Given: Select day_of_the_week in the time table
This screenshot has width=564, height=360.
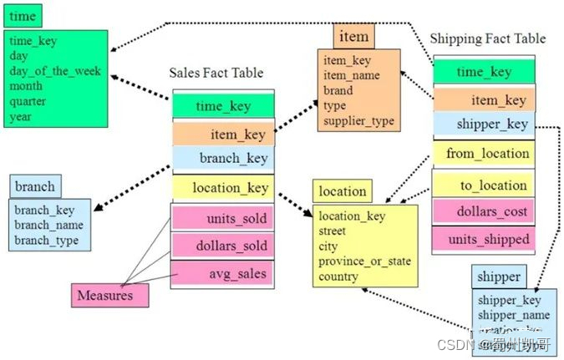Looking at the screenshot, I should point(54,71).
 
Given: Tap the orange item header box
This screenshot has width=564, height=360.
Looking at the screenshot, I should point(353,36).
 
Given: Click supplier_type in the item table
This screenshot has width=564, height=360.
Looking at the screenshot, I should point(358,121).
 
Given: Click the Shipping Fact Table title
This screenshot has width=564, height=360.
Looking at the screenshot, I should point(487,38).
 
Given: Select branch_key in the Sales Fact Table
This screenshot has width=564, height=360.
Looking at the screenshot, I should point(233,158).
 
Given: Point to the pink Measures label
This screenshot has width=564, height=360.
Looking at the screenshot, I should point(104,294).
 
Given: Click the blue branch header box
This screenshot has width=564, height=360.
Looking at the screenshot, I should point(36,186).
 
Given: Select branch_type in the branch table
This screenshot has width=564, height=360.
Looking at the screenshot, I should point(48,241).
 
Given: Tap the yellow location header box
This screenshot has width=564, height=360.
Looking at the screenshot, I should point(342,191).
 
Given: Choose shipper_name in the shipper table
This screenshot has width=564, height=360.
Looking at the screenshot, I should point(513,314).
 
